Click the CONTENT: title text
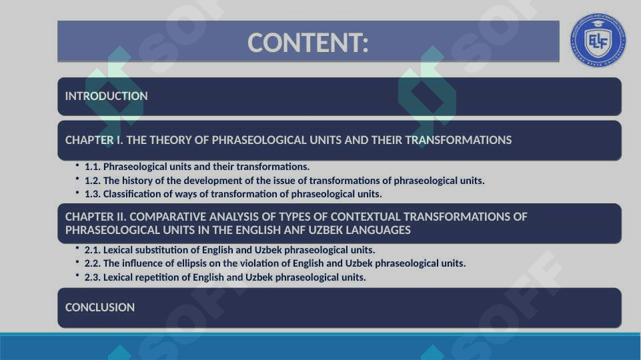308,43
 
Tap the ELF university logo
598,40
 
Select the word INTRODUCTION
106,96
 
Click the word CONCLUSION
100,307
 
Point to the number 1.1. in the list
93,167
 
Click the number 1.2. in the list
93,181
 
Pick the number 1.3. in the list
93,194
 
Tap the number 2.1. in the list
93,250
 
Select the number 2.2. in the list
93,263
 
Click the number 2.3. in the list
93,277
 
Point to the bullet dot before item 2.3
77,275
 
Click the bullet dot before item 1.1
77,165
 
